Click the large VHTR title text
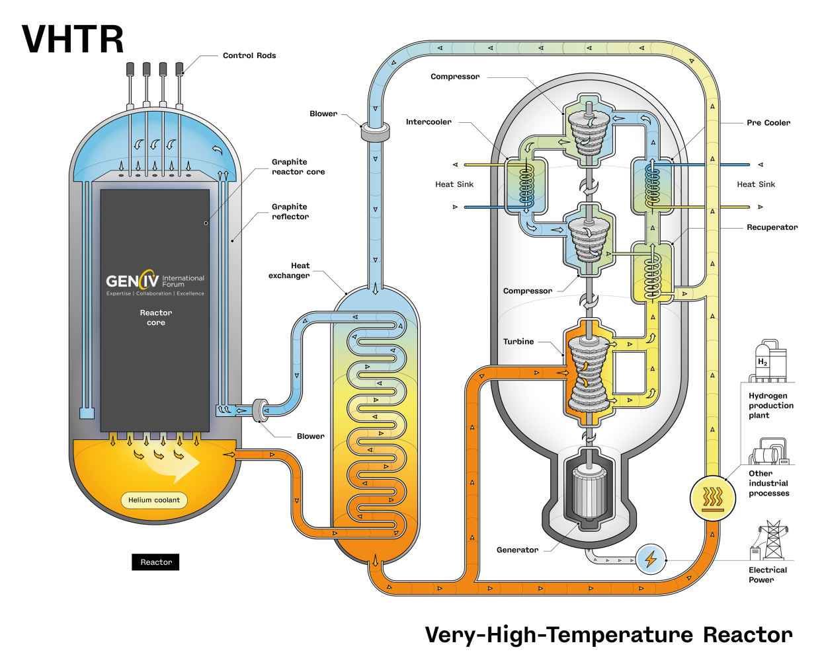[x=73, y=40]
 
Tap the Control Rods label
[x=249, y=55]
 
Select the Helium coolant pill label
[x=154, y=500]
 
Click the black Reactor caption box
[x=155, y=562]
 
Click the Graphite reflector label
[x=290, y=211]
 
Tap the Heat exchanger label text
[x=289, y=270]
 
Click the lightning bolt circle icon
[x=651, y=560]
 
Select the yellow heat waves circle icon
[x=712, y=498]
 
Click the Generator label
[x=517, y=550]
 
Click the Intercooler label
[x=429, y=122]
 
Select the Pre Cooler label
[x=768, y=123]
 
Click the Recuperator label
[x=772, y=227]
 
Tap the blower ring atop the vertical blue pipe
[x=375, y=131]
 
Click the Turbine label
[x=518, y=342]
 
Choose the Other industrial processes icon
[x=768, y=453]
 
